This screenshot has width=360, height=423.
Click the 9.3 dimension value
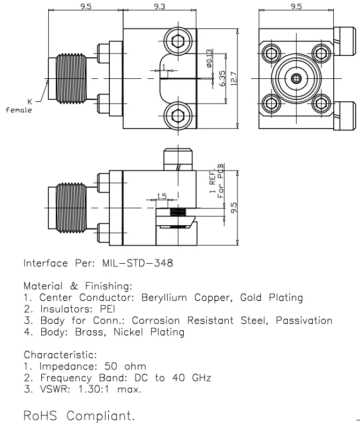(160, 6)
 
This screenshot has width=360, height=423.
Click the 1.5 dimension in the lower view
(162, 197)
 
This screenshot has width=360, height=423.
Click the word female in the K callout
(19, 110)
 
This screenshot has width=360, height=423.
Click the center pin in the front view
(296, 79)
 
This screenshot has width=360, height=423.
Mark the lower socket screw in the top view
(178, 117)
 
